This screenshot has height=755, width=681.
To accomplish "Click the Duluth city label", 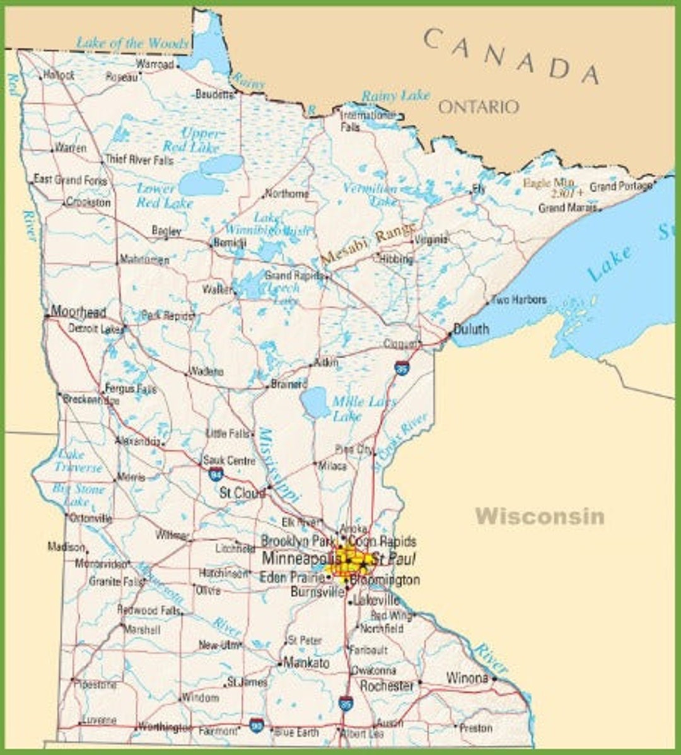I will coord(471,329).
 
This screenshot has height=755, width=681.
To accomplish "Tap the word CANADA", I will coord(511,56).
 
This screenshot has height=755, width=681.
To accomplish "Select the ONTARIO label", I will coord(479,107).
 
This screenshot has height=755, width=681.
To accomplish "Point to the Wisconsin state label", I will coord(540,517).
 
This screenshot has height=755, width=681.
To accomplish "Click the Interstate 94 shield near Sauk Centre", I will coord(216,474).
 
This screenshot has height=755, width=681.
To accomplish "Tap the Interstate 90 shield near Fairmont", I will coord(256,725).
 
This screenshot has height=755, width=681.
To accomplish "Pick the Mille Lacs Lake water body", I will coord(315,403).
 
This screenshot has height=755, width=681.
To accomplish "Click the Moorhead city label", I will coord(78,312).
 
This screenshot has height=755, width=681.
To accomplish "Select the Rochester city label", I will coord(387,686).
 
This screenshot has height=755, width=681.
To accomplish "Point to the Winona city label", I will coord(467,678).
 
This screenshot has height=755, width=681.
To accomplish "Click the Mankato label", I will coord(306,663).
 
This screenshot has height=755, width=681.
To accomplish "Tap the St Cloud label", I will coord(242,493).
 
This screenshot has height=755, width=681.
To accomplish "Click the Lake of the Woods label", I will coord(132,44).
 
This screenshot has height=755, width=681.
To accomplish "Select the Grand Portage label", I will coord(620,187).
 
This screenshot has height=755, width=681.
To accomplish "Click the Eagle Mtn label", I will coord(549,183).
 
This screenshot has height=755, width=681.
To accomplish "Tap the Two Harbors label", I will coord(518,300).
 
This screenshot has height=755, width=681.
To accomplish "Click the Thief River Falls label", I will coord(139,160).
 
